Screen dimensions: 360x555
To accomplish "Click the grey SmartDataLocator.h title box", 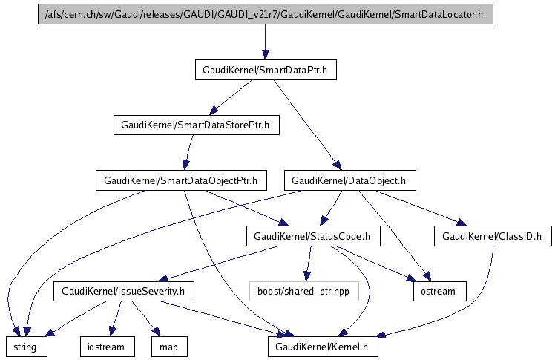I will (x=265, y=14).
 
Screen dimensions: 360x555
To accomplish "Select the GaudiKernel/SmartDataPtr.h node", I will (x=265, y=70).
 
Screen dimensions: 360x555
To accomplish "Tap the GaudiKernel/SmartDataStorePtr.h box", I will (x=196, y=125).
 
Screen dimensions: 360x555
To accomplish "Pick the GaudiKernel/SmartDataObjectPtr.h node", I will (x=180, y=180).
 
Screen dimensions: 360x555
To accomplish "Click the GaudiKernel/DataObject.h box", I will (x=349, y=180).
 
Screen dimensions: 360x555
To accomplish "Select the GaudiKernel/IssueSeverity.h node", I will (x=123, y=291).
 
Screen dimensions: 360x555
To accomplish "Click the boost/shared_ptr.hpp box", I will (x=303, y=291).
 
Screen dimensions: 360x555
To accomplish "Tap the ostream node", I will (x=439, y=291).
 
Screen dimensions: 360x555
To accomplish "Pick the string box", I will (x=27, y=347).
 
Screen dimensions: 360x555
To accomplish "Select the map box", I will (x=168, y=347).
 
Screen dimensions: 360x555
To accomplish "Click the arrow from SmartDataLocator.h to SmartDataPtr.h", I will (x=265, y=42).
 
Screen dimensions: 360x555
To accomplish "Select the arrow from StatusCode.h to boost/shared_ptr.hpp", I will (x=309, y=264).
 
